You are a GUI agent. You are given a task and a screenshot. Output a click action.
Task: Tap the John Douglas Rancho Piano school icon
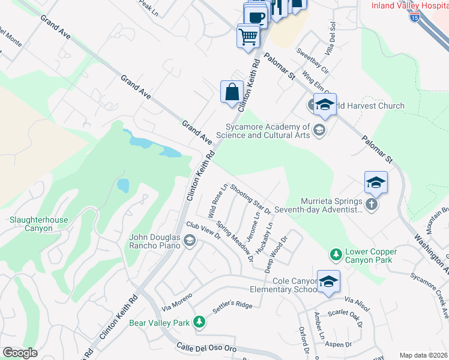coord(190,241)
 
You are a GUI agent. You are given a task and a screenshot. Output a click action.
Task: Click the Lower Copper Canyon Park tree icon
coord(336,256)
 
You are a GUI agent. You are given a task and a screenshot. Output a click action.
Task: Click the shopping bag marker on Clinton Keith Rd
coord(232,92)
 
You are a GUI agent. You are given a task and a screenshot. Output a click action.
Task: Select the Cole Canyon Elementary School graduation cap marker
coord(328,282)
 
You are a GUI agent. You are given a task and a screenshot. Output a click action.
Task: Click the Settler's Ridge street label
coord(232,307)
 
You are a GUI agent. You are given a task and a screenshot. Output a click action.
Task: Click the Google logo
coord(20,353)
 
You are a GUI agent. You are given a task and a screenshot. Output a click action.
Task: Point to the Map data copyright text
coord(423,355)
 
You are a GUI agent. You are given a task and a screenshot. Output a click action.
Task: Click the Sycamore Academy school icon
coord(319,130)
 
